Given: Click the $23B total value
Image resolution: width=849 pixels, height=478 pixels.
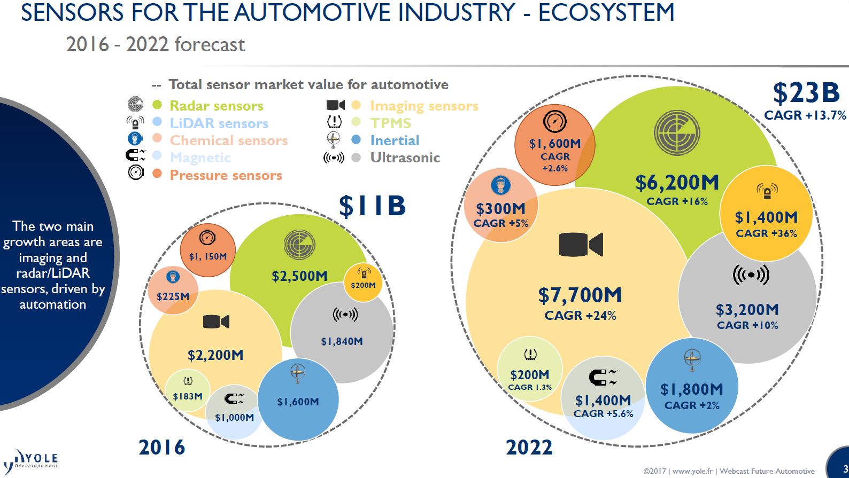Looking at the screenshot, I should click(x=806, y=93).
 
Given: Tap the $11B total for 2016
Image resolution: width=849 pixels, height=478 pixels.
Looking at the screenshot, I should click(x=372, y=206).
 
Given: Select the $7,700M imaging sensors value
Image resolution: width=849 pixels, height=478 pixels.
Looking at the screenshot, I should click(x=580, y=295).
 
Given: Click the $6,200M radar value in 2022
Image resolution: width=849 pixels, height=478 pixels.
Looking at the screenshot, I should click(x=677, y=183).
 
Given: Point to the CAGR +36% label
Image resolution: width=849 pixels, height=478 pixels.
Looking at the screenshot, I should click(x=766, y=233).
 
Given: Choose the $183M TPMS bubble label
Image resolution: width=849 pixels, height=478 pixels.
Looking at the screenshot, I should click(x=188, y=396).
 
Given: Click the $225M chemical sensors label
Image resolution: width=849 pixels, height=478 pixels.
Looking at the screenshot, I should click(x=173, y=296).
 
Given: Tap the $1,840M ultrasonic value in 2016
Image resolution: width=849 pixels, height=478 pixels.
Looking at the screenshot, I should click(x=342, y=341).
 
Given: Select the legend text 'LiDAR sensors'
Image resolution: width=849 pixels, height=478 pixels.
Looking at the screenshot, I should click(x=219, y=123).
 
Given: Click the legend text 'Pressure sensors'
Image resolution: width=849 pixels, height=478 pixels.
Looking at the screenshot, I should click(x=226, y=175).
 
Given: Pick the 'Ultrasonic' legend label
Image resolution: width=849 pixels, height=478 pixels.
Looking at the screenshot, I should click(x=405, y=158).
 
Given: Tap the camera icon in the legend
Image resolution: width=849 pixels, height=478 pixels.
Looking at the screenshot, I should click(x=335, y=105).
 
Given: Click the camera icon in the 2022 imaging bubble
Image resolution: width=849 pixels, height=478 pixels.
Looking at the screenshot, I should click(x=581, y=245).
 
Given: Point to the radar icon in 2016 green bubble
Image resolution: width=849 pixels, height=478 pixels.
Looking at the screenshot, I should click(x=299, y=245).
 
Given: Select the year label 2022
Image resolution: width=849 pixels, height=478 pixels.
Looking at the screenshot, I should click(x=529, y=448).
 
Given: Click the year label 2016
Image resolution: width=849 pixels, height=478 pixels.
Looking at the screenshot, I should click(x=161, y=448).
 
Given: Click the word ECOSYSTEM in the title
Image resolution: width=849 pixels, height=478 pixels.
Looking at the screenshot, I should click(x=606, y=13).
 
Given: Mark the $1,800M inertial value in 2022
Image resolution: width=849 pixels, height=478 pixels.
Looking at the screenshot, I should click(x=691, y=389).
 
